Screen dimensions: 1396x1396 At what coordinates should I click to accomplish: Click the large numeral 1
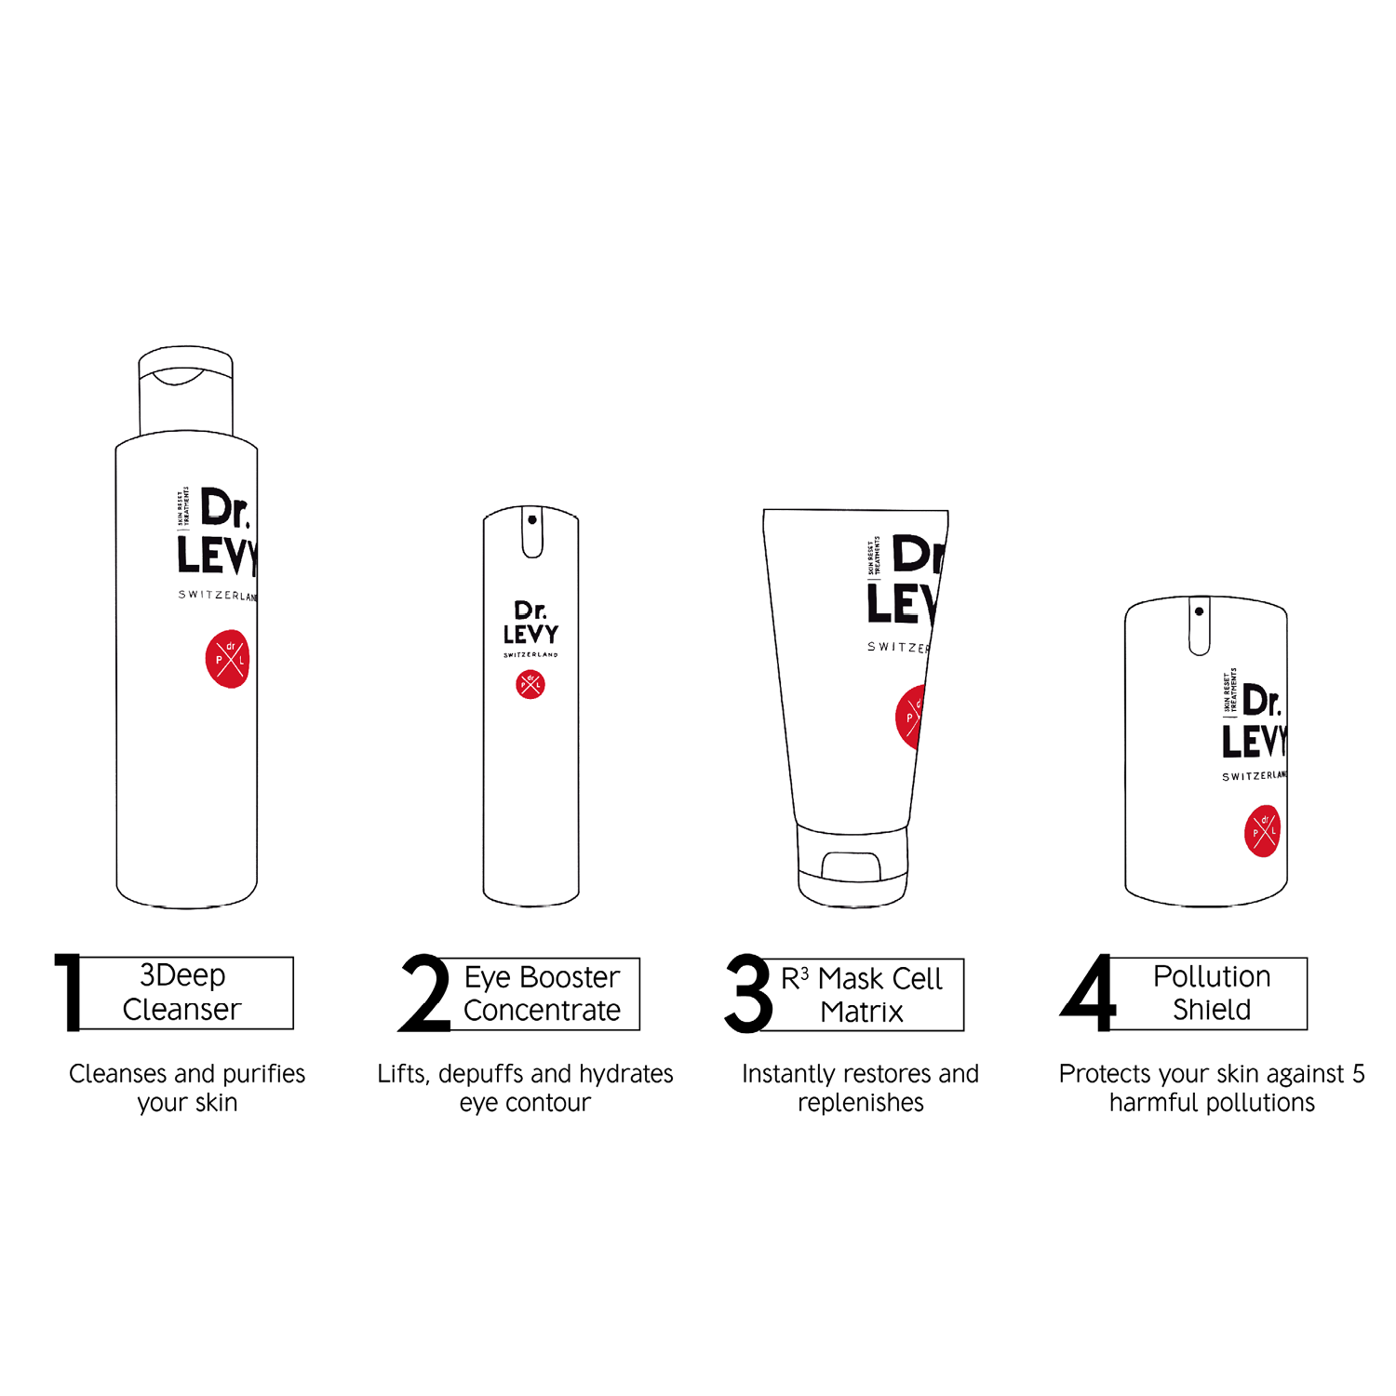tap(69, 992)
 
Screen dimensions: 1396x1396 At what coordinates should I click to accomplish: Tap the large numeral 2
tap(424, 993)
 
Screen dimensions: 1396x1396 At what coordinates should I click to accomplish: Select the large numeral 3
tap(749, 993)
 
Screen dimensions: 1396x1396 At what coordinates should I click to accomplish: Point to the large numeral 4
tap(1088, 993)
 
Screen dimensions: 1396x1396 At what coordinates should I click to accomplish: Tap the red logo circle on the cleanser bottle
tap(227, 659)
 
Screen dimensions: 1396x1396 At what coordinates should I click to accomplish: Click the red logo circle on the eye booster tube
tap(530, 685)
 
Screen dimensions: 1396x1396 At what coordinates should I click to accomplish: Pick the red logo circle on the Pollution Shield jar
tap(1262, 831)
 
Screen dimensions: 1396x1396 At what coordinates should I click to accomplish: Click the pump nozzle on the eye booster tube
tap(532, 532)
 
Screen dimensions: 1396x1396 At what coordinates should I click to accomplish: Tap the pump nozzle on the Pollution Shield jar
tap(1200, 625)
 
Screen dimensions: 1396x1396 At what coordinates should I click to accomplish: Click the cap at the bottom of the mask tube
tap(852, 866)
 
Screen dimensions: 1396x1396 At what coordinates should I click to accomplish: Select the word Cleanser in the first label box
tap(181, 1010)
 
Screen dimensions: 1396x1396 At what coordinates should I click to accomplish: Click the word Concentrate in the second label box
tap(542, 1011)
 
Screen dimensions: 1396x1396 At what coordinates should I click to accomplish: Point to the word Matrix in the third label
tap(861, 1013)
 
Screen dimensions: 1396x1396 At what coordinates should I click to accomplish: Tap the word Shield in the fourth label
tap(1211, 1010)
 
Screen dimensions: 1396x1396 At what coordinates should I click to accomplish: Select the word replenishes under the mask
tap(860, 1103)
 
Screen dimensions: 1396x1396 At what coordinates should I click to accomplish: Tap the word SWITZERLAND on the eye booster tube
tap(530, 655)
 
